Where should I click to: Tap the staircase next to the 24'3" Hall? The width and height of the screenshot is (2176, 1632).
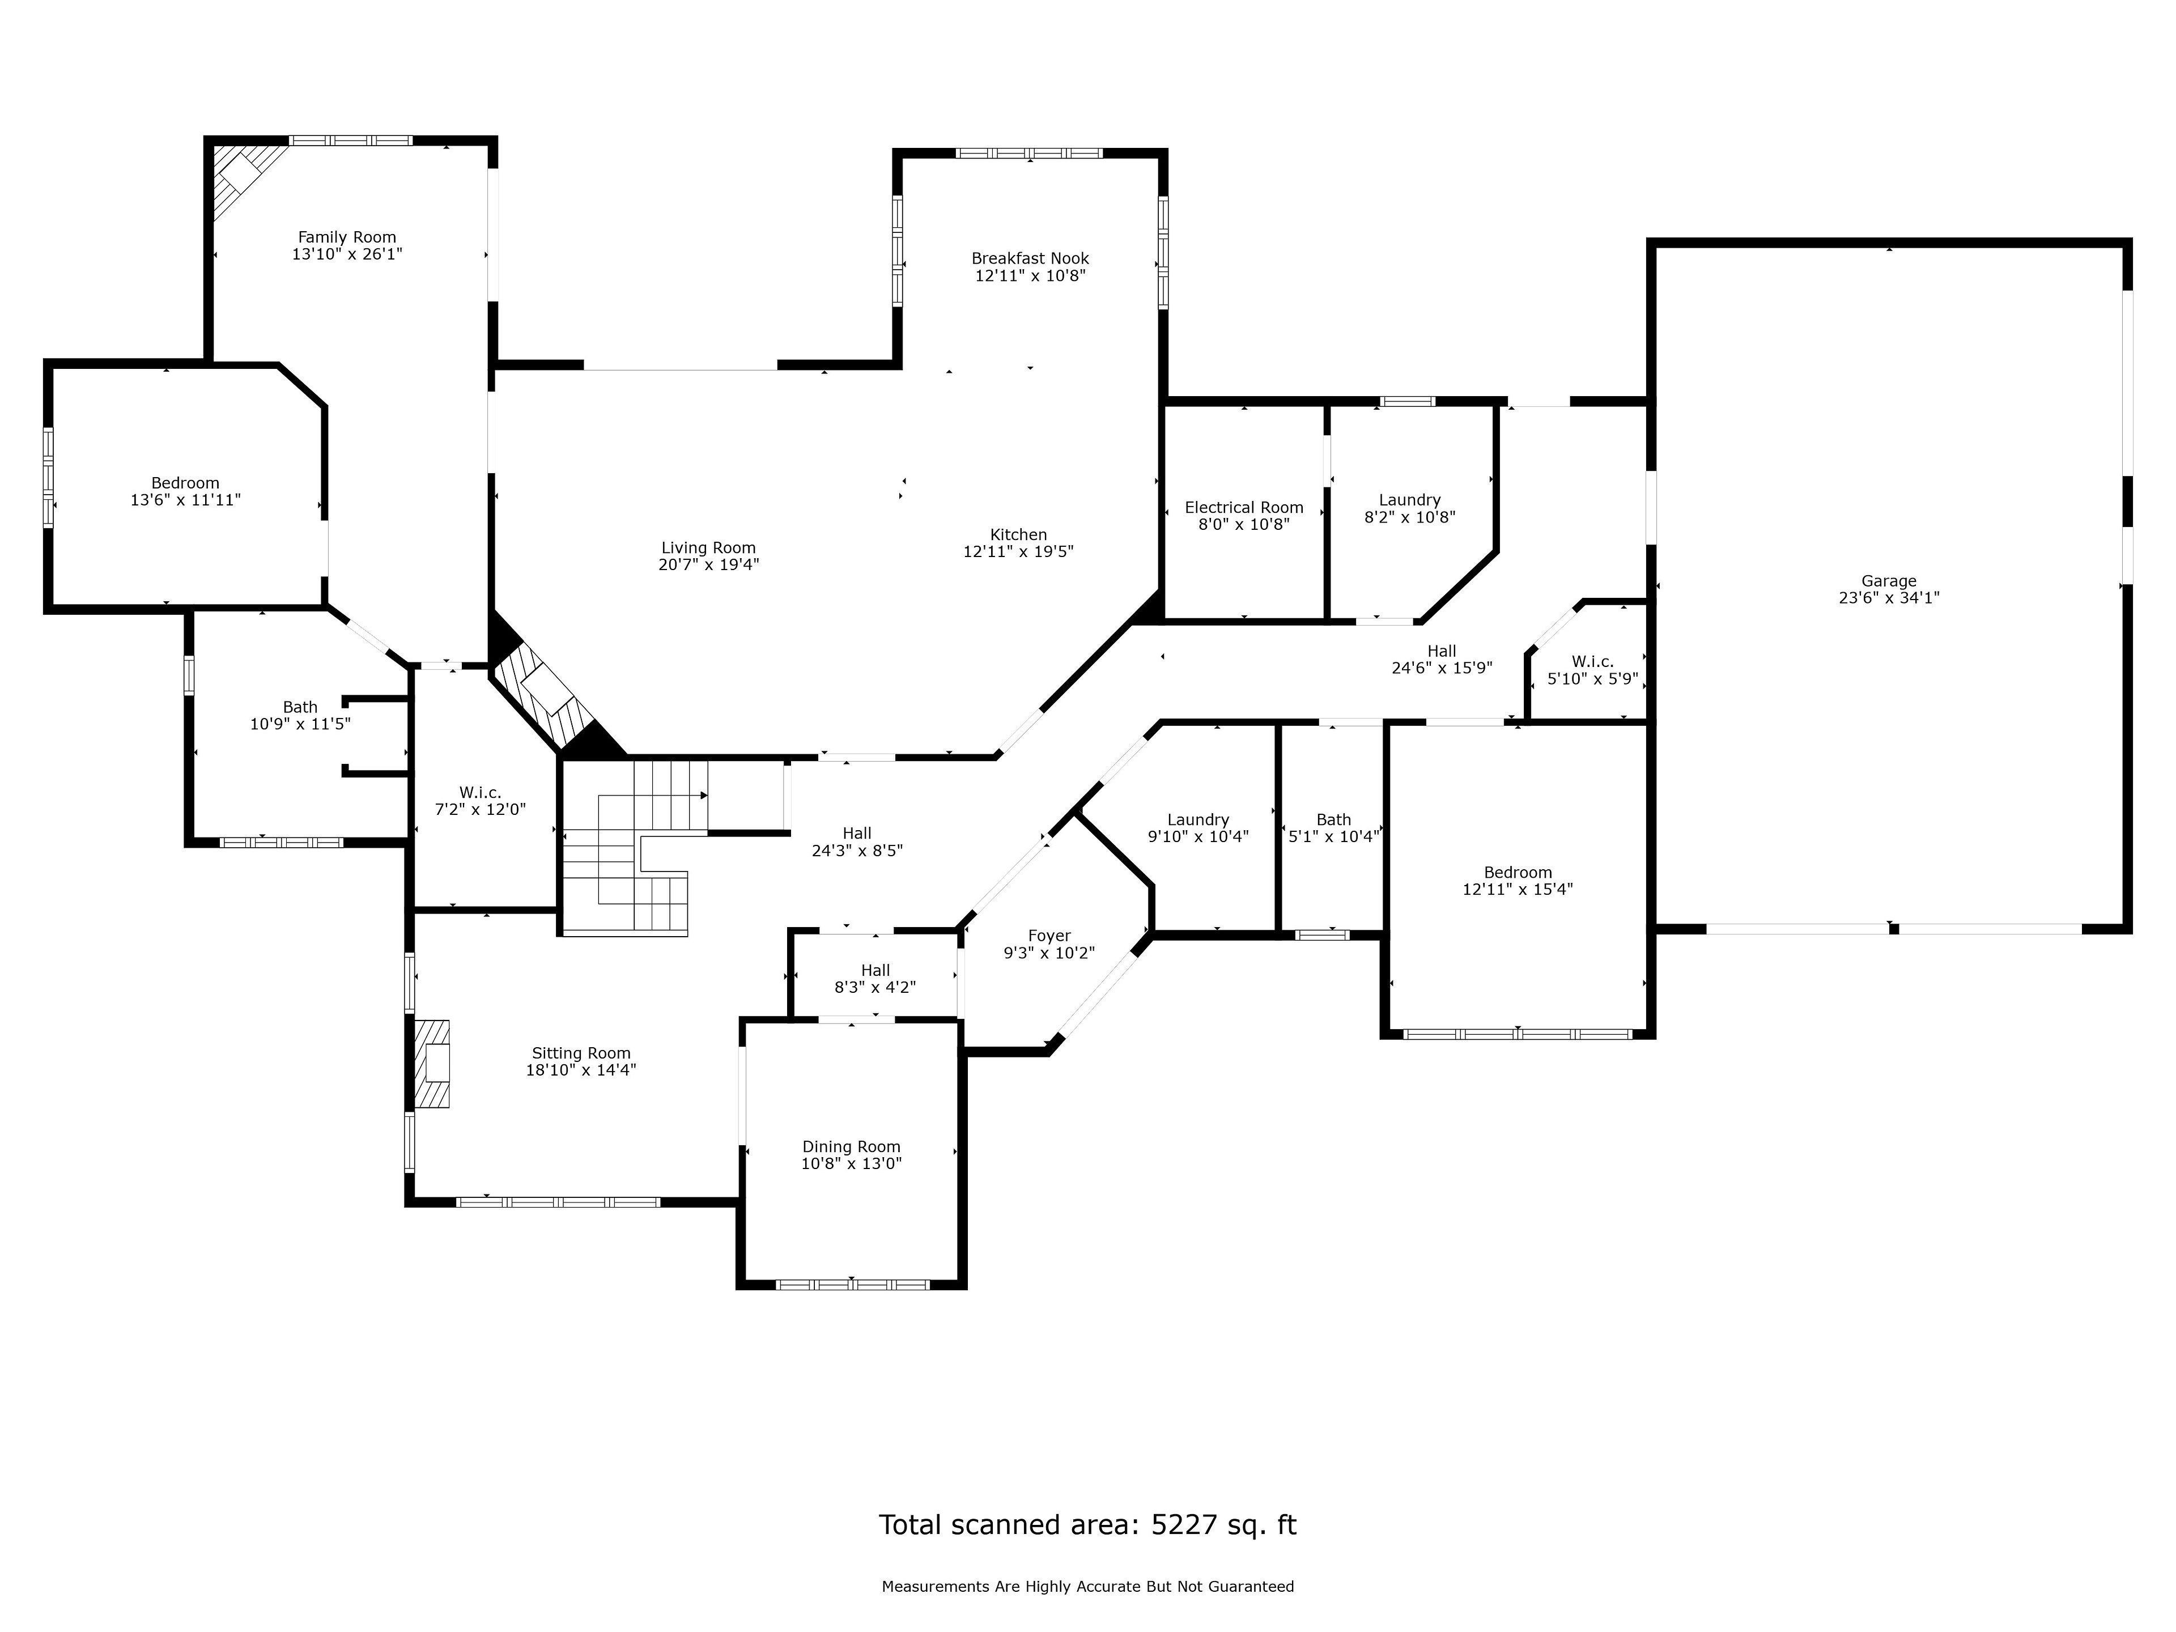(x=635, y=846)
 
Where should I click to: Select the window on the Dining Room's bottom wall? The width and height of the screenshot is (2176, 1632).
(x=852, y=1283)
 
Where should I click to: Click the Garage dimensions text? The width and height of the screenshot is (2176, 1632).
(x=1889, y=597)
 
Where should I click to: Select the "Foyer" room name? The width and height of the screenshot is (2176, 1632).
(x=1049, y=936)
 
